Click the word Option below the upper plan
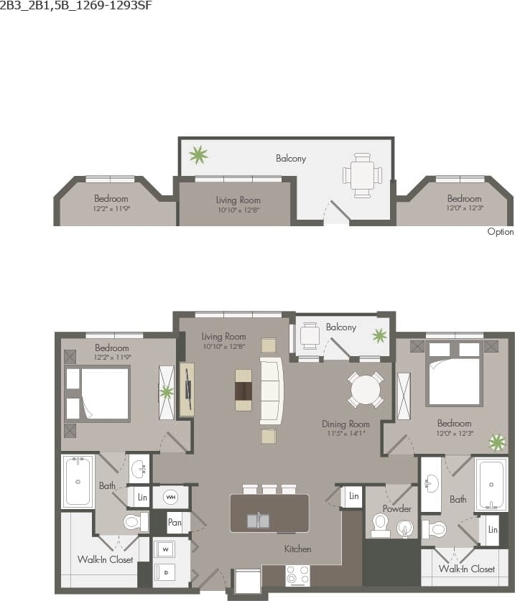click(500, 232)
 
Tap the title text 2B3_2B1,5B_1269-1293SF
click(76, 6)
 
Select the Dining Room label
click(345, 424)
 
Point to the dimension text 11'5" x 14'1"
click(345, 434)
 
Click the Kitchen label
click(297, 549)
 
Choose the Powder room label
click(396, 508)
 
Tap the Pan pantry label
click(174, 522)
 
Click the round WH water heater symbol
click(171, 496)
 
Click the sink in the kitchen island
click(259, 520)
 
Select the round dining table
click(366, 390)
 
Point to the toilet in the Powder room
click(380, 523)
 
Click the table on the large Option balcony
click(362, 174)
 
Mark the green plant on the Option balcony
click(198, 154)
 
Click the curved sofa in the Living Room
click(272, 391)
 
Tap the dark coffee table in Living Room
click(243, 390)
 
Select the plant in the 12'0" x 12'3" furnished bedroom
click(496, 442)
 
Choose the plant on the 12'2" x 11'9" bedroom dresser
click(167, 392)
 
